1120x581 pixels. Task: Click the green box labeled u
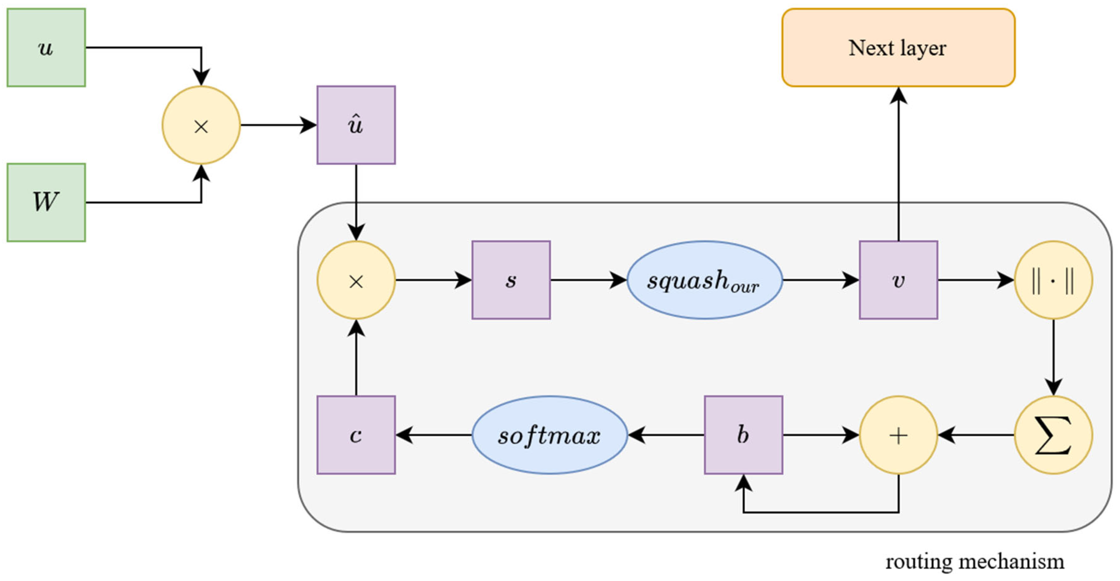click(x=46, y=48)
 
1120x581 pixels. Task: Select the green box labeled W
click(x=46, y=203)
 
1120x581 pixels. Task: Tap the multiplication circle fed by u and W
click(x=201, y=125)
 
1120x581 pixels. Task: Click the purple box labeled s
click(x=511, y=280)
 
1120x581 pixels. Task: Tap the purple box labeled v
click(x=898, y=280)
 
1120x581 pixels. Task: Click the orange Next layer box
click(x=898, y=48)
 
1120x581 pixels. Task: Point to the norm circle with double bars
click(x=1053, y=280)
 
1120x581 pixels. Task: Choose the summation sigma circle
click(x=1053, y=435)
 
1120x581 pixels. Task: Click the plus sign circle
click(x=898, y=435)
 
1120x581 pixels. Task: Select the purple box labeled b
click(x=744, y=435)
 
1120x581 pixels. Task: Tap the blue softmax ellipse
click(x=550, y=435)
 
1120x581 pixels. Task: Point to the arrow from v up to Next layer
click(x=898, y=165)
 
